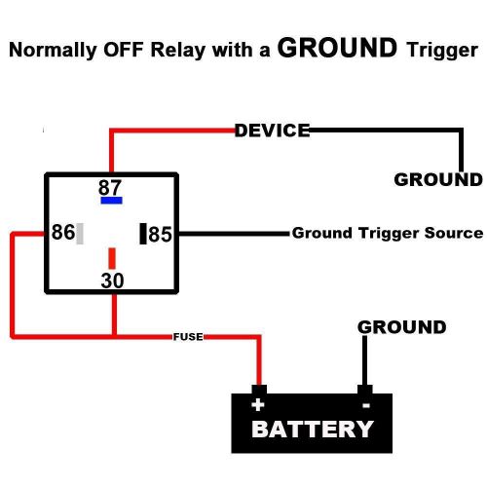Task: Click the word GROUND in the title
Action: point(337,48)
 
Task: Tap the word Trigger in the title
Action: point(440,50)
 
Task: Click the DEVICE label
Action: point(272,131)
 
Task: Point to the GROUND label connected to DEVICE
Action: point(437,179)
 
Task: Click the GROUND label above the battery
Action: point(401,327)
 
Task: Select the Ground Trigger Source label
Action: point(387,234)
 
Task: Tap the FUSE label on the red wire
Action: point(188,337)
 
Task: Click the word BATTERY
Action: point(312,429)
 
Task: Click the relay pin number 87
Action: point(111,186)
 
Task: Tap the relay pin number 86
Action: point(62,234)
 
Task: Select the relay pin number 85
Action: point(160,235)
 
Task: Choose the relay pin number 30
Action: point(113,281)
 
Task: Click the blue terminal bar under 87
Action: point(111,200)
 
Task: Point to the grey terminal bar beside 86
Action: point(80,234)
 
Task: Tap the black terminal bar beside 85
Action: point(142,234)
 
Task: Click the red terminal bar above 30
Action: point(112,258)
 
